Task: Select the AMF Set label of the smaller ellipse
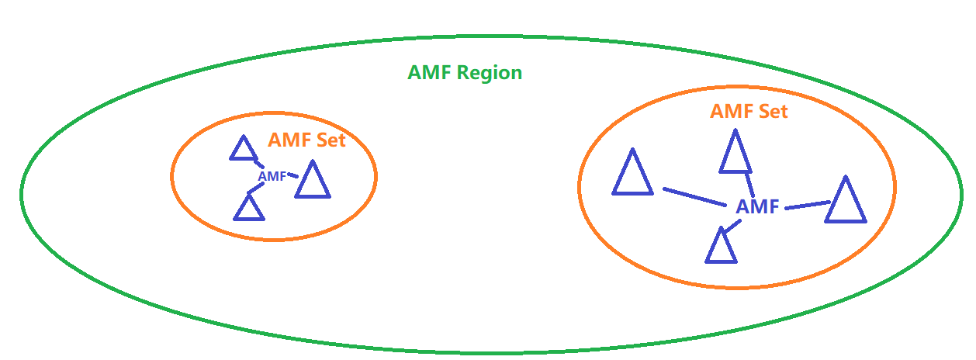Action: click(306, 140)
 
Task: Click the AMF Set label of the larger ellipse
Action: click(749, 112)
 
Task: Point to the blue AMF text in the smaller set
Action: click(272, 176)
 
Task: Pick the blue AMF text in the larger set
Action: click(757, 207)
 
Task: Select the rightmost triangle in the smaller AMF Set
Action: click(313, 182)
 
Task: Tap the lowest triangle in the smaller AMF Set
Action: click(249, 208)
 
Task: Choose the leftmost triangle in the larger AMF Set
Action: click(632, 175)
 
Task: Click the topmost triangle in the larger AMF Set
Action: click(735, 154)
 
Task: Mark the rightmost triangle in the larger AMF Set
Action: click(844, 202)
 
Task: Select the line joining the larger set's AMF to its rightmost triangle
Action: click(805, 206)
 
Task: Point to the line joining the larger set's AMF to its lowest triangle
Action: click(732, 226)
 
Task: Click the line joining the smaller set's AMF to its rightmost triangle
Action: click(292, 175)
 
